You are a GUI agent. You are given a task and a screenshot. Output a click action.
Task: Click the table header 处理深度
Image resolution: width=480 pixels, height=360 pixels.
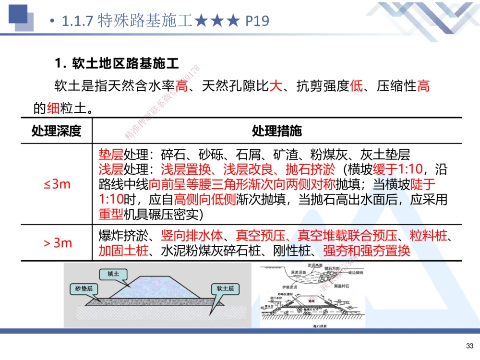pos(56,131)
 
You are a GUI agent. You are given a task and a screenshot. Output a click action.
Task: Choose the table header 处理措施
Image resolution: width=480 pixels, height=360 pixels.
pos(277,131)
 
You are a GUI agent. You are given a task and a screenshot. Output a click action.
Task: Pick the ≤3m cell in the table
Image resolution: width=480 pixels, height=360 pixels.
pos(57,184)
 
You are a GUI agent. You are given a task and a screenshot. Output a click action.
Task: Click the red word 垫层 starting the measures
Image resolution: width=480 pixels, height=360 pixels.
pos(110,155)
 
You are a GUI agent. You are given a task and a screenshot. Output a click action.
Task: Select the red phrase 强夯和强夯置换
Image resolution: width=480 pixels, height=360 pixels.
pos(367,250)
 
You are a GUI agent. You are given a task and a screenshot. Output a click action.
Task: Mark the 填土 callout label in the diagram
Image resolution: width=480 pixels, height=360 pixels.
pos(113,274)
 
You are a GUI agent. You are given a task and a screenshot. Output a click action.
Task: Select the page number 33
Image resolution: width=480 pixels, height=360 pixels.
pos(469,346)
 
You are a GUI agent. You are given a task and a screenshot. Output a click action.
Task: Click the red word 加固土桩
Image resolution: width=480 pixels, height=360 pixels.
pos(123,250)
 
